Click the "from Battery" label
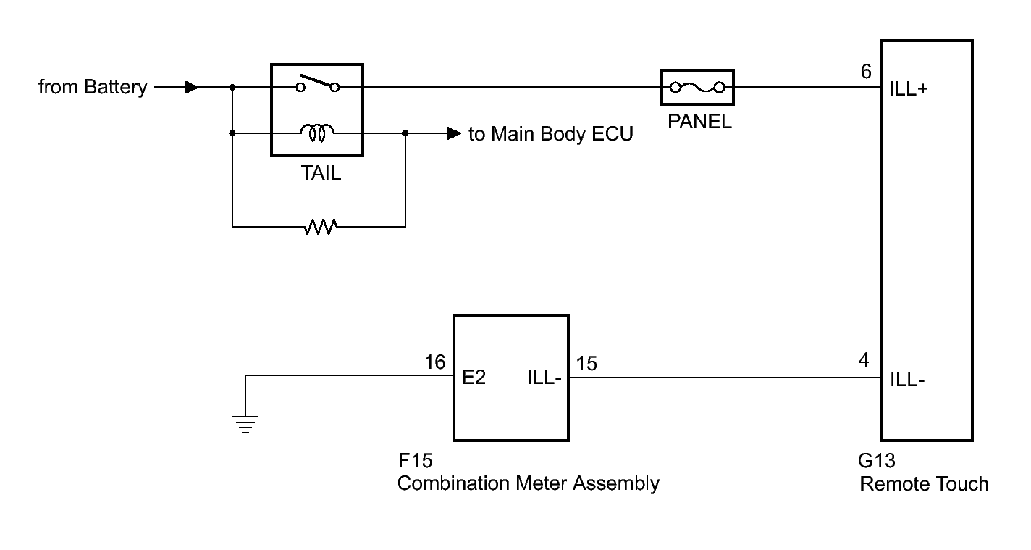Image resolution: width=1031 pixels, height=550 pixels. click(93, 87)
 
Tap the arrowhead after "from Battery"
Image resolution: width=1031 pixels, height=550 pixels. click(192, 87)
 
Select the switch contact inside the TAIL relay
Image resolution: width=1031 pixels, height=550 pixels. click(318, 83)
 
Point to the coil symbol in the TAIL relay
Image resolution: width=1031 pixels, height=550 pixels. click(317, 133)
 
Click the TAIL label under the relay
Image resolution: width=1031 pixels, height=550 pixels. click(321, 173)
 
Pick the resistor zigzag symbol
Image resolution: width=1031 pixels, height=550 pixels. click(320, 227)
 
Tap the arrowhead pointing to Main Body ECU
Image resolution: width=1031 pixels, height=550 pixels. click(454, 133)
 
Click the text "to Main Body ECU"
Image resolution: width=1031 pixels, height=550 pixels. click(551, 134)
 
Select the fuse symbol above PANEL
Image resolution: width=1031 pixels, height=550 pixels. click(697, 87)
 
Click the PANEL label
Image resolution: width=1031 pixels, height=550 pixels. click(699, 122)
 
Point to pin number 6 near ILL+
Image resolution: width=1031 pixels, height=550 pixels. click(866, 72)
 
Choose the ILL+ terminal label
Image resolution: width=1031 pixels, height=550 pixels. click(909, 89)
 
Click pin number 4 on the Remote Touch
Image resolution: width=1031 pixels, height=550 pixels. click(864, 359)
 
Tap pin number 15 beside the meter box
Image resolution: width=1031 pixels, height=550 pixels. click(587, 364)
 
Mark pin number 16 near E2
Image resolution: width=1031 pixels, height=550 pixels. click(435, 362)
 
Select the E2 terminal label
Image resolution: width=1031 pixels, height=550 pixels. click(474, 378)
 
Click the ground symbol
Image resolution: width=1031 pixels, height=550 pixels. click(245, 425)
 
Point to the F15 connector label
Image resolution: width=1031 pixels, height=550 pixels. click(415, 461)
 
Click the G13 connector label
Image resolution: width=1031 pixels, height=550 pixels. click(877, 461)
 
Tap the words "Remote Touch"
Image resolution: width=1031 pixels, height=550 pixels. click(925, 484)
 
